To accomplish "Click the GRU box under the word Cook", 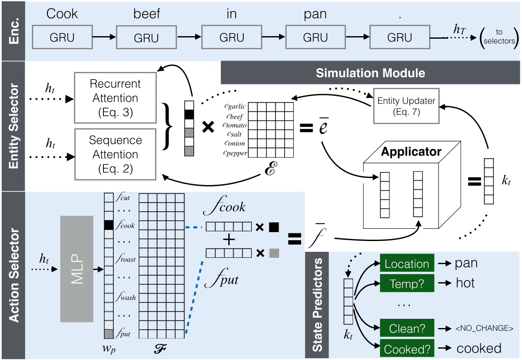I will coord(62,38).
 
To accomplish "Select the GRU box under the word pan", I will coord(315,38).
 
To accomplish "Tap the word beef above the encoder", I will coord(147,14).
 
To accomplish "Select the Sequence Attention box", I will coord(115,154).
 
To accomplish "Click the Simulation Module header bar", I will coord(370,73).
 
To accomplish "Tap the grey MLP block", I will coord(76,269).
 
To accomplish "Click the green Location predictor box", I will coord(406,264).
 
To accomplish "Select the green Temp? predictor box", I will coord(406,284).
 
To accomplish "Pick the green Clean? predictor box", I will coord(406,328).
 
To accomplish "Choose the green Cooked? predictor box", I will coord(406,349).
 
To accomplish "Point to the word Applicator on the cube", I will coord(411,151).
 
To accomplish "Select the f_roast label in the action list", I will coord(125,259).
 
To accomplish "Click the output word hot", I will coord(465,283).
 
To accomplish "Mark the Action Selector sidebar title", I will coord(13,275).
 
